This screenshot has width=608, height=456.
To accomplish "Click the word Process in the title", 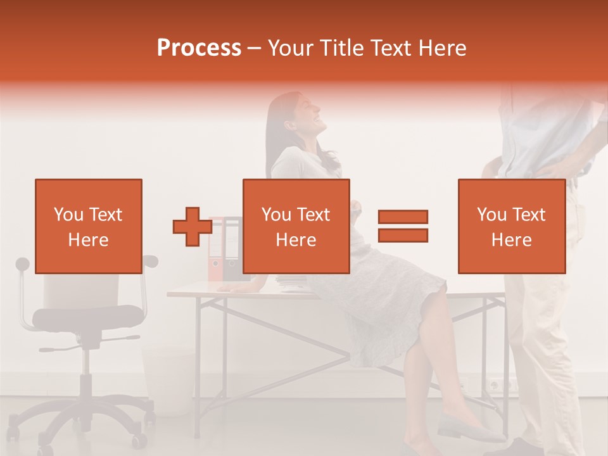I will [x=199, y=47].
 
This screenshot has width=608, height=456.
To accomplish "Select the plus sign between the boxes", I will [x=193, y=227].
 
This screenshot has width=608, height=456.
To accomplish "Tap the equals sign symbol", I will [x=403, y=226].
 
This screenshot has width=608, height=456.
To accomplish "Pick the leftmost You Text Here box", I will [x=89, y=226].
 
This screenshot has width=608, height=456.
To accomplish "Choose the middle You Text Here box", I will [x=296, y=226].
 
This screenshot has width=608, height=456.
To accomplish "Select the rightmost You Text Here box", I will [x=511, y=226].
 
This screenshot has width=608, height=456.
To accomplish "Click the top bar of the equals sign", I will [x=403, y=217].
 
